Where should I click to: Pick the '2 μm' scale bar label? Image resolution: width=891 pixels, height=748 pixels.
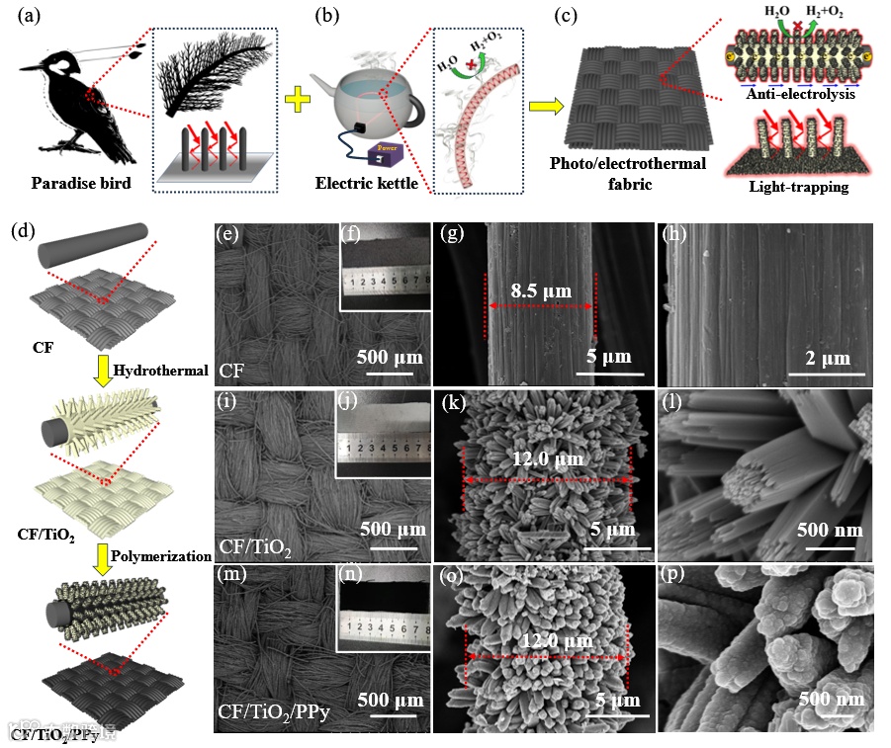coord(827,356)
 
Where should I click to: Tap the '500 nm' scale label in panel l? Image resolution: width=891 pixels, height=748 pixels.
coord(829,530)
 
